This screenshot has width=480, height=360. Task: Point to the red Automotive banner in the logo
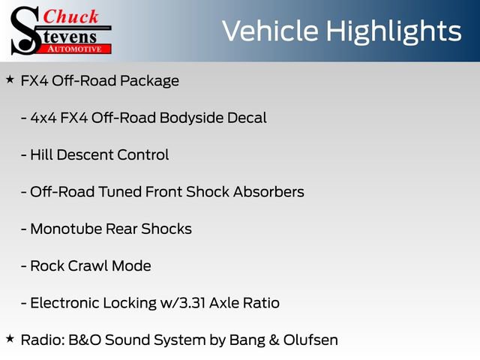tap(79, 47)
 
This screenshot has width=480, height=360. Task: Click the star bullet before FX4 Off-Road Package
tap(10, 79)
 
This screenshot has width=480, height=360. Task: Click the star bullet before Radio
tap(10, 338)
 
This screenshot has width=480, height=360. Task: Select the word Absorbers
tap(269, 191)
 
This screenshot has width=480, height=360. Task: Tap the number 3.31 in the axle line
tap(192, 303)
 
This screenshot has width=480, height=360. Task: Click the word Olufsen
tap(310, 340)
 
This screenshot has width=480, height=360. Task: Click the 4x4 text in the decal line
tap(43, 118)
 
